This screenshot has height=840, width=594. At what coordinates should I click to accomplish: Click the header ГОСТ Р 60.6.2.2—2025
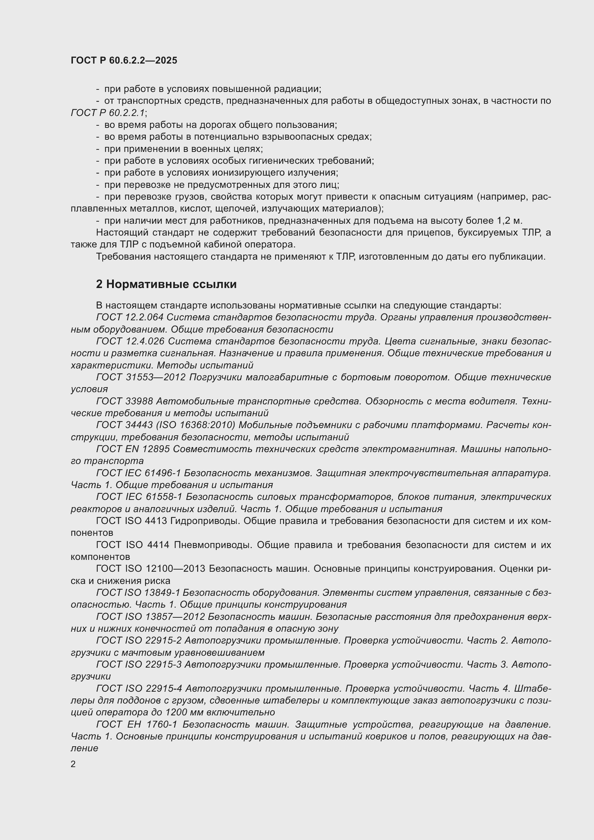coord(124,60)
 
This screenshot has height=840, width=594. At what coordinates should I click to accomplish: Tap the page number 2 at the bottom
coord(73,764)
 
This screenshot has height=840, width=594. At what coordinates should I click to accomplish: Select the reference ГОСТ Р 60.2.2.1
coord(108,113)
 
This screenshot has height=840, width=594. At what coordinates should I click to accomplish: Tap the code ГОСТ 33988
coord(124,402)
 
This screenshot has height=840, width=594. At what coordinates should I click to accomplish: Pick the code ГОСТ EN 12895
coord(133,449)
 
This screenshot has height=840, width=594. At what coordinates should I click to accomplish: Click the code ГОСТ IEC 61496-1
coord(139,473)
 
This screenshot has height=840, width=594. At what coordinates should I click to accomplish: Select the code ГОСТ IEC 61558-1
coord(139,497)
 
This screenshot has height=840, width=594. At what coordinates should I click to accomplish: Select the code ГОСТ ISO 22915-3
coord(139,664)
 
